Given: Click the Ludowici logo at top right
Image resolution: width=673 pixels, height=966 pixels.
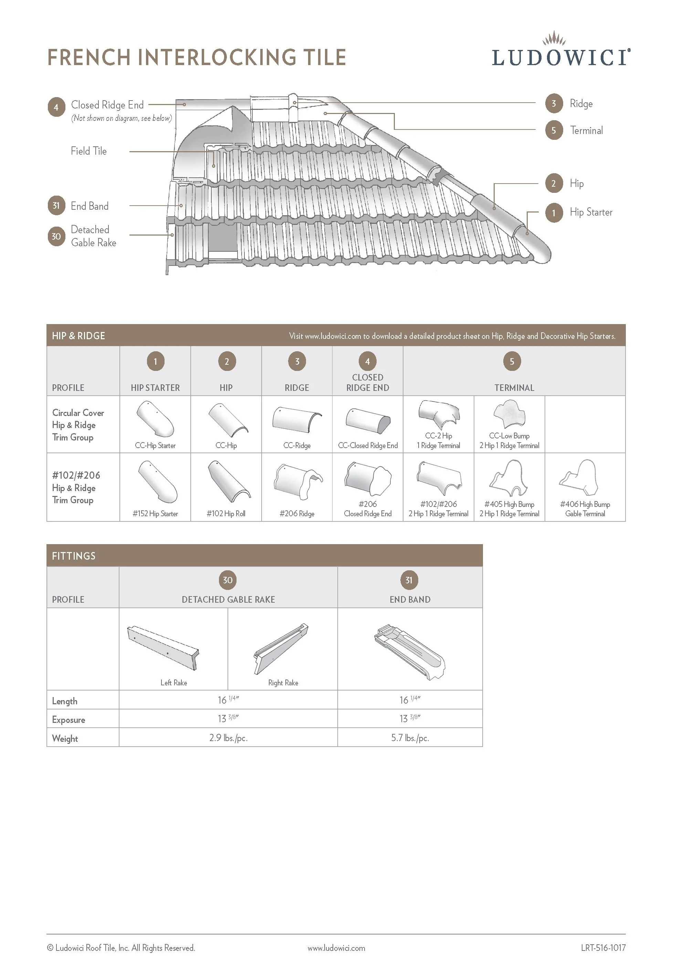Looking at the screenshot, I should click(x=561, y=51).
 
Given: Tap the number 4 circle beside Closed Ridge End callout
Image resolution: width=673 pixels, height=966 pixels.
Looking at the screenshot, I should click(x=56, y=107).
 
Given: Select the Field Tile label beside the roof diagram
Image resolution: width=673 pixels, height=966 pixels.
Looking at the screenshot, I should click(x=89, y=151).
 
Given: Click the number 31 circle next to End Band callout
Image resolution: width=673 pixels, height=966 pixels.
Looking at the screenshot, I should click(x=56, y=206).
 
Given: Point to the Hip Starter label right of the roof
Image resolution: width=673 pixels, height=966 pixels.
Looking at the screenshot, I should click(x=591, y=212).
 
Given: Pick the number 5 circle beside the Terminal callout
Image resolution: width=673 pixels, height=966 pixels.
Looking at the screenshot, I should click(x=554, y=131).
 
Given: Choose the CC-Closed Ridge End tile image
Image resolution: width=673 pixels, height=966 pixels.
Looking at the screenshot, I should click(x=368, y=421).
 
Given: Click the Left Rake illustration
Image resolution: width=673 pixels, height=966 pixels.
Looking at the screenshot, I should click(x=163, y=647).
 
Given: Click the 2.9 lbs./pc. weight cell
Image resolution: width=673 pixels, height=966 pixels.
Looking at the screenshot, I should click(x=228, y=738).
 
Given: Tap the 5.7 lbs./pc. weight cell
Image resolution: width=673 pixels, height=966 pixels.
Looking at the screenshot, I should click(x=410, y=738).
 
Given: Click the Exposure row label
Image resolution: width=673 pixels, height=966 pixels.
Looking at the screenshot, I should click(x=69, y=720).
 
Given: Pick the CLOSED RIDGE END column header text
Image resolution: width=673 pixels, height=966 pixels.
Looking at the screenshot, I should click(x=368, y=383).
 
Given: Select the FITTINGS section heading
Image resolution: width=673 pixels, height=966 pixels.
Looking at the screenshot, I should click(x=74, y=556).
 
